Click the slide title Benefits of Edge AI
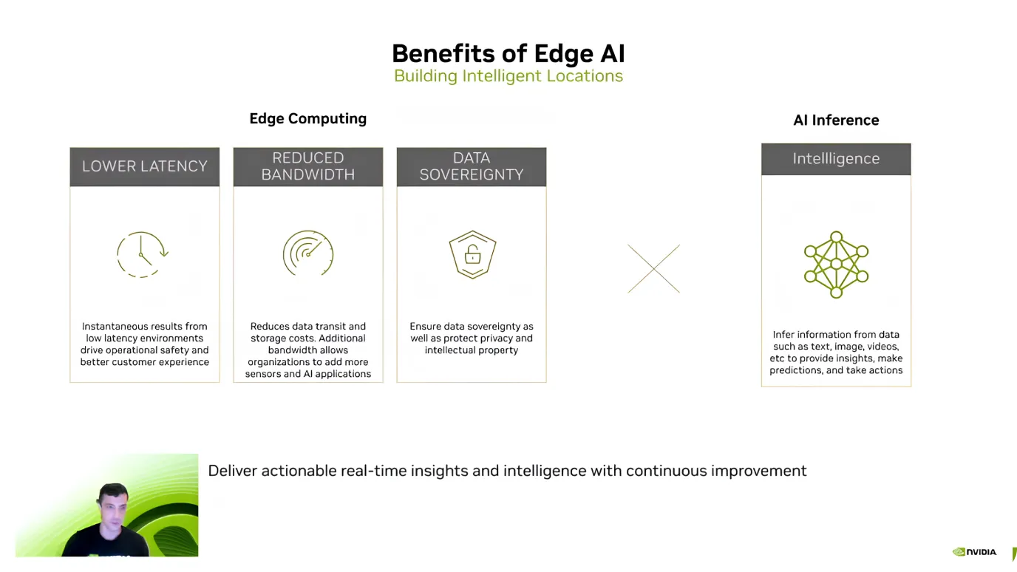(x=508, y=53)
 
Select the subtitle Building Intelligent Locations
(x=508, y=76)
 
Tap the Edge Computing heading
(x=307, y=118)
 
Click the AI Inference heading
(x=836, y=120)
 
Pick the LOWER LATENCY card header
(x=145, y=166)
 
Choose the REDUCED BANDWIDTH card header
(x=308, y=166)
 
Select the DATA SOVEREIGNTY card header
(x=472, y=166)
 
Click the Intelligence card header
(x=836, y=159)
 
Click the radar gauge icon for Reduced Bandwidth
(x=308, y=253)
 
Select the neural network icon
(x=836, y=265)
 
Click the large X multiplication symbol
(x=653, y=269)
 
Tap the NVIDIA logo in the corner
(x=974, y=552)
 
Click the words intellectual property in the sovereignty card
(x=472, y=350)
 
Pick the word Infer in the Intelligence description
(x=785, y=335)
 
